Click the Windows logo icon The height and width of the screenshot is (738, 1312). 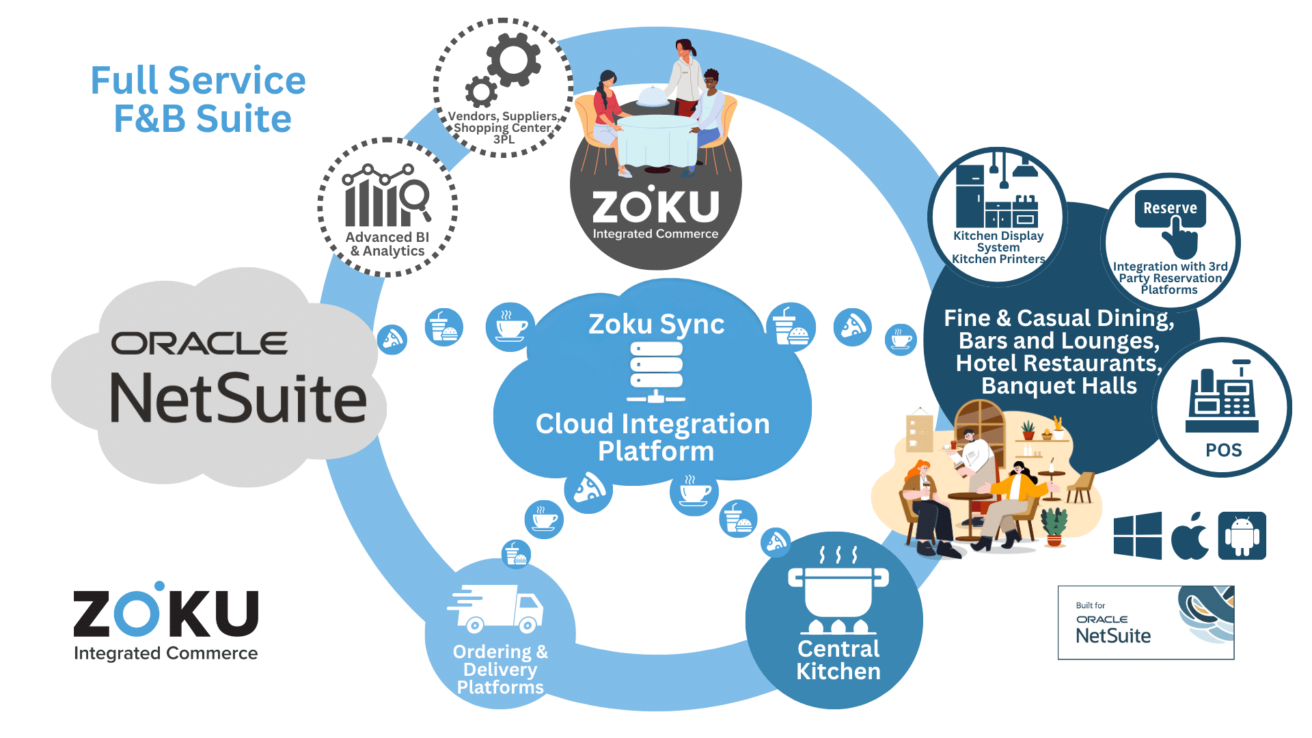point(1137,536)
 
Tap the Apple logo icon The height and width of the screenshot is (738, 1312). point(1190,536)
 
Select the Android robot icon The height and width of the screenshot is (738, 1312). point(1242,536)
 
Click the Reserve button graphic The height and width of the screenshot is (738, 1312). point(1170,208)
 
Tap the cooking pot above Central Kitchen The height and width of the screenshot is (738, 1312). point(838,591)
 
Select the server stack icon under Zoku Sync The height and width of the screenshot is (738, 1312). point(656,372)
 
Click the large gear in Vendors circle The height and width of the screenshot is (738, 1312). point(513,60)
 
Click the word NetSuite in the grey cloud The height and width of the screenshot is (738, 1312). point(238,399)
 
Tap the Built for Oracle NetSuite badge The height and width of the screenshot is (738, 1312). point(1146,623)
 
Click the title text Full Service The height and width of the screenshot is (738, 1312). point(198,81)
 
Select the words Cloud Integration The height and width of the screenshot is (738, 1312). point(653,424)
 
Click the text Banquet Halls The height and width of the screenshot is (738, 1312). point(1059,386)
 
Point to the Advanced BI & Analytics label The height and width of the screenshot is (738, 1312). point(387,244)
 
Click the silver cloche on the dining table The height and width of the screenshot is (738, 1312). point(653,98)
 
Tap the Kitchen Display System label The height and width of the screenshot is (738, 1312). point(998,241)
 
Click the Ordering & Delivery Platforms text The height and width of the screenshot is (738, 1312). point(500,669)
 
